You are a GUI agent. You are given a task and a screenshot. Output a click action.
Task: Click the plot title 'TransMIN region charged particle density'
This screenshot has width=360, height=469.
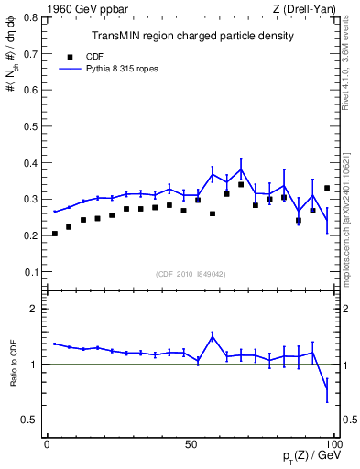coord(192,36)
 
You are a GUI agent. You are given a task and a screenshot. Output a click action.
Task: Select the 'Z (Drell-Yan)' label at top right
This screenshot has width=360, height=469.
coord(304,9)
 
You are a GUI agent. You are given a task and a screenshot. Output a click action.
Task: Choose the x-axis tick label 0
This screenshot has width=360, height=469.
coord(48,442)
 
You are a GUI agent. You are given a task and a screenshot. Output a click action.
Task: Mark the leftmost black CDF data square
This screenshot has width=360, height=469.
coord(55,234)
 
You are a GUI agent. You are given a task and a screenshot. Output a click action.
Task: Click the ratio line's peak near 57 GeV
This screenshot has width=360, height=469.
coord(213,336)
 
